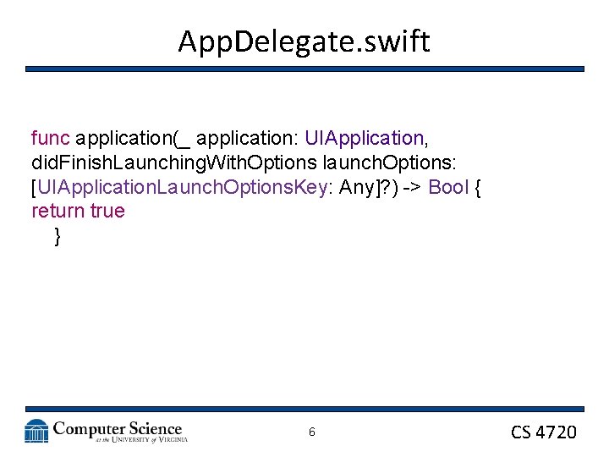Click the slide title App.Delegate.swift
coord(304,41)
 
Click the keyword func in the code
coord(50,137)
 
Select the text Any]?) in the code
coord(369,186)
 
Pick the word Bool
coord(448,186)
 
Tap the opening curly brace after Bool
coord(478,186)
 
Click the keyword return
coord(58,211)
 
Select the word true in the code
coord(107,211)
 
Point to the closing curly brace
coord(57,235)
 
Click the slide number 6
coord(311,432)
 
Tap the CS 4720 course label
coord(544,432)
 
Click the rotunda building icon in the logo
coord(36,431)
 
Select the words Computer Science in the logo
coord(118,428)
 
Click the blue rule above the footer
coord(304,410)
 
